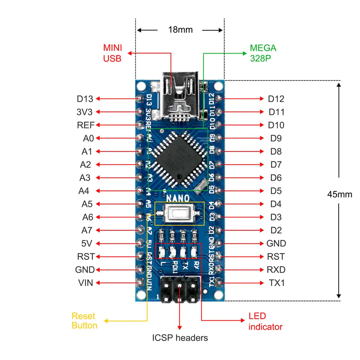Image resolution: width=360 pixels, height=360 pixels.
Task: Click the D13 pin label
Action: [x=85, y=99]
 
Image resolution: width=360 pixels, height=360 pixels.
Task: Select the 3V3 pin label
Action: [x=85, y=112]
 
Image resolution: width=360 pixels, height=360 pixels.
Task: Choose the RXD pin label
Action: [x=276, y=270]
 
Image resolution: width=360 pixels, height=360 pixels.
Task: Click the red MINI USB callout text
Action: [x=112, y=53]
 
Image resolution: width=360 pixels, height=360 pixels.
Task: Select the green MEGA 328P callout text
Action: [x=263, y=53]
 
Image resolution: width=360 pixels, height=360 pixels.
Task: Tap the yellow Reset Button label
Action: [x=84, y=321]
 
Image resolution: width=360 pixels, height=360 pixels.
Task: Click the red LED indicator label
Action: [x=265, y=321]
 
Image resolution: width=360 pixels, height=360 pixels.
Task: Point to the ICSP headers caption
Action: [x=180, y=338]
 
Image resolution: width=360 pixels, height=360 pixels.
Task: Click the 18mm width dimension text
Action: [x=180, y=30]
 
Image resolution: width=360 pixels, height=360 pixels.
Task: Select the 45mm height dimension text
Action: [x=340, y=194]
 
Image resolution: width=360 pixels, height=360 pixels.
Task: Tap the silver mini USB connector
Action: [x=179, y=96]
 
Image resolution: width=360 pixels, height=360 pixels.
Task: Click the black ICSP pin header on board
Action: [x=180, y=289]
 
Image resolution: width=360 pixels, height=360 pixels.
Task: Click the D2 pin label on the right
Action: [x=276, y=230]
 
